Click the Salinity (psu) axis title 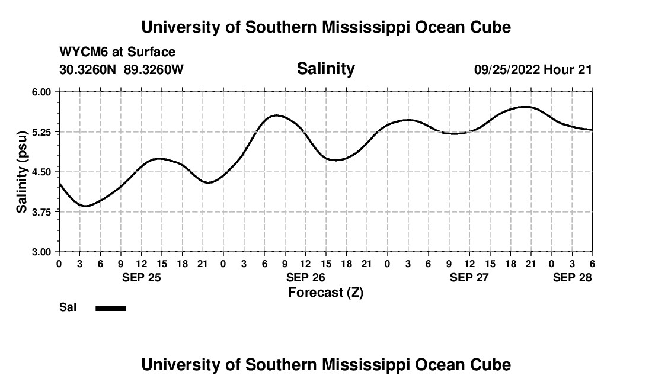tap(22, 172)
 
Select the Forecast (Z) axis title tap(325, 292)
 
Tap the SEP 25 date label tap(141, 277)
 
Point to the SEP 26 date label tap(305, 277)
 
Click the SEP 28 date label tap(572, 277)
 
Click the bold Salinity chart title tap(325, 69)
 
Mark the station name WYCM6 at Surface tap(117, 53)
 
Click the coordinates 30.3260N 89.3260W tap(122, 69)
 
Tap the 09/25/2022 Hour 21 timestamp tap(533, 69)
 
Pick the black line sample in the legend tap(110, 308)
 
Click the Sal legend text tap(67, 307)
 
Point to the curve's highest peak tap(525, 107)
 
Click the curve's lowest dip tap(86, 206)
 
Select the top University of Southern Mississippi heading tap(325, 27)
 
